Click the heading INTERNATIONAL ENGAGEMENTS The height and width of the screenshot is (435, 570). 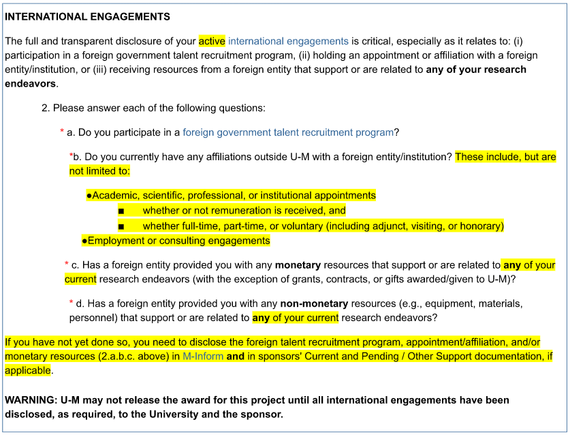(88, 16)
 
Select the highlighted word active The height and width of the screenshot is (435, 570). (212, 41)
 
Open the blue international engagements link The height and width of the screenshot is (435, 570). (288, 41)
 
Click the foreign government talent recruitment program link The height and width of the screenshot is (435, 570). (288, 132)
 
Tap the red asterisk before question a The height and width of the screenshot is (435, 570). (62, 131)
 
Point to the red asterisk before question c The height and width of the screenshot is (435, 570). (67, 264)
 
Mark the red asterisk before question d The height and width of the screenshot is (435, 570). (72, 302)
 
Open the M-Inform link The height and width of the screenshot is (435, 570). (203, 356)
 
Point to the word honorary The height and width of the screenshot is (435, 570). (481, 226)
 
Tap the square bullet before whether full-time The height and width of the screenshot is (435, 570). (121, 226)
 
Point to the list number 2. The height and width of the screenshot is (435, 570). (45, 108)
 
